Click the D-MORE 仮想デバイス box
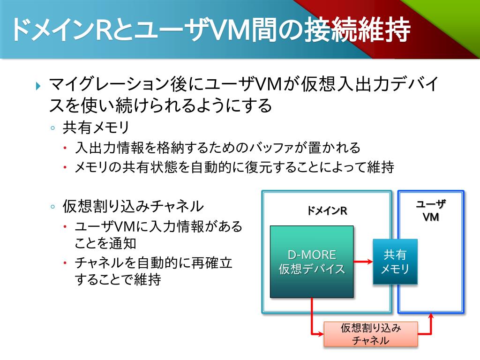(x=312, y=262)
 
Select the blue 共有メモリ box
(x=395, y=262)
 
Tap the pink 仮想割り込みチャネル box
(x=371, y=334)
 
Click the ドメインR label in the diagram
(x=327, y=210)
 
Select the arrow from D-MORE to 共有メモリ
(x=363, y=262)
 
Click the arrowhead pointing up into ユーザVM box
(x=431, y=317)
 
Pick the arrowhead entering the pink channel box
(x=321, y=334)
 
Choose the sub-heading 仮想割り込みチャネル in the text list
(x=133, y=206)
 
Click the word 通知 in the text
(x=123, y=243)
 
